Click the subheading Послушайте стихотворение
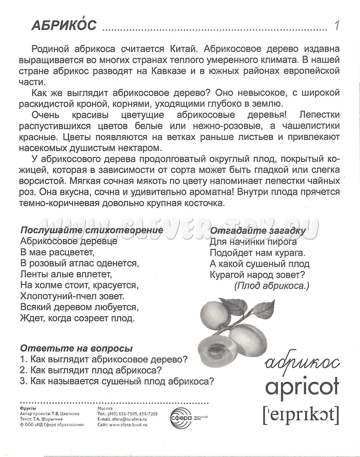pyautogui.click(x=92, y=230)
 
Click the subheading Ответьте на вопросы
pyautogui.click(x=77, y=348)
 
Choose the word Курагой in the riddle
pyautogui.click(x=227, y=275)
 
